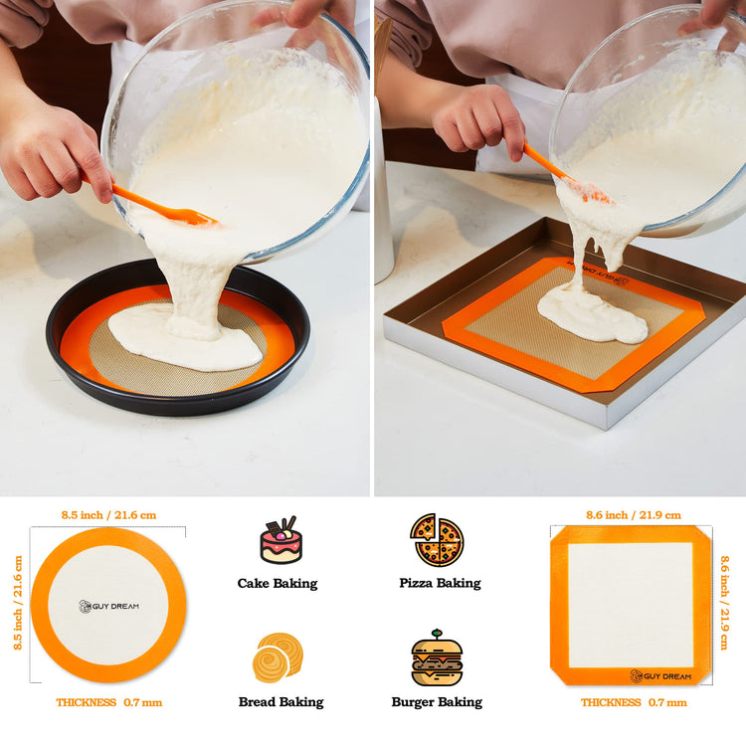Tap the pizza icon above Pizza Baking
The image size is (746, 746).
click(437, 539)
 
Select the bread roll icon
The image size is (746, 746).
click(278, 657)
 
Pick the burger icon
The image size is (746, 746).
click(437, 658)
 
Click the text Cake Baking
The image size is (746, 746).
click(278, 583)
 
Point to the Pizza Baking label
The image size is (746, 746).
click(440, 583)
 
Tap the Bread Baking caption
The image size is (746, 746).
click(280, 702)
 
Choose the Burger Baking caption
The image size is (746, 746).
click(437, 702)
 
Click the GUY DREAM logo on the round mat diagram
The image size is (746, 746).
click(109, 606)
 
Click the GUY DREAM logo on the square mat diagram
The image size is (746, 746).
click(660, 676)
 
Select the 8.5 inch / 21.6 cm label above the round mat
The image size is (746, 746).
click(108, 515)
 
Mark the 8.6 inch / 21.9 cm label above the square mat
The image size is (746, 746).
click(634, 515)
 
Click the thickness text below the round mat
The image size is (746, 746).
click(109, 702)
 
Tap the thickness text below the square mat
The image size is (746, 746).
click(634, 702)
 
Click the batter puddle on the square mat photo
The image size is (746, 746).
click(593, 311)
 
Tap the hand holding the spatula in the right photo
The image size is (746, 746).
click(478, 121)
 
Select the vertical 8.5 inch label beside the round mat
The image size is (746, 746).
click(18, 603)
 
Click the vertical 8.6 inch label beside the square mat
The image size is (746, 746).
click(724, 603)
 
